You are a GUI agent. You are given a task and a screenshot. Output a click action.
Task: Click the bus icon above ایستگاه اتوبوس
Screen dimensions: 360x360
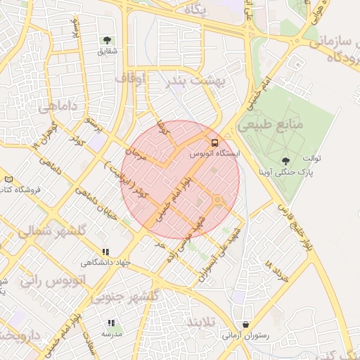(215, 141)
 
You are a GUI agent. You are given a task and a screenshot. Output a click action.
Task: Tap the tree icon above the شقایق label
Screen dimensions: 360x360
(108, 40)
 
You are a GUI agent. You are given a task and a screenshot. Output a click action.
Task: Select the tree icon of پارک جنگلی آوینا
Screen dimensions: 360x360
(285, 162)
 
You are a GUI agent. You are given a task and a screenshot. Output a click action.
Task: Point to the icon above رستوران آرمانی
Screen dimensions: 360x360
(245, 324)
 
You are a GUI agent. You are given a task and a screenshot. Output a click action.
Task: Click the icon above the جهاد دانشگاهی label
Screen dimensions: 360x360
(106, 252)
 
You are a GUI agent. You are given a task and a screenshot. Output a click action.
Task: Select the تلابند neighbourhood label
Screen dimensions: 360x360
(203, 323)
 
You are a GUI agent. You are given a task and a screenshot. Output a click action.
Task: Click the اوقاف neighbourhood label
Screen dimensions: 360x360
(130, 78)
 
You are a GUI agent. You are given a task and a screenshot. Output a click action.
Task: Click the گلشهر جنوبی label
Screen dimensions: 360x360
(131, 297)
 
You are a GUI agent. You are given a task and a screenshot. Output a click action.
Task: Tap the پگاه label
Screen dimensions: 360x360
(193, 10)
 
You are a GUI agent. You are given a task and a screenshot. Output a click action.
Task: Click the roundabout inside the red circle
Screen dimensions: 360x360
(217, 202)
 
